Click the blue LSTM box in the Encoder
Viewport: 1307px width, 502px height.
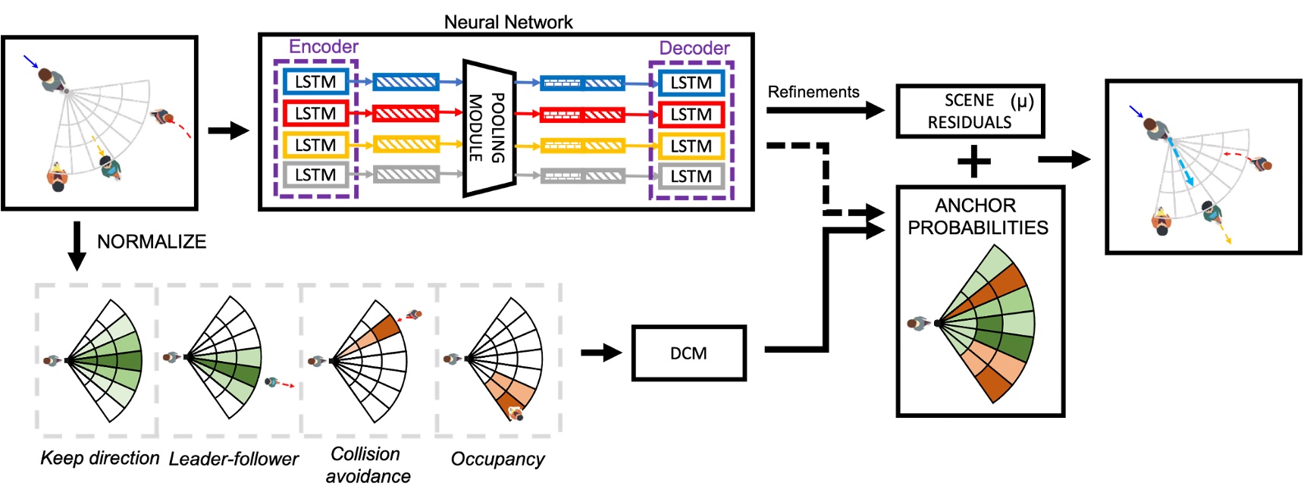pyautogui.click(x=315, y=82)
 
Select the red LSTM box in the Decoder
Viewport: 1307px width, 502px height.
pyautogui.click(x=691, y=115)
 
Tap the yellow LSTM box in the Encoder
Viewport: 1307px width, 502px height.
pyautogui.click(x=315, y=145)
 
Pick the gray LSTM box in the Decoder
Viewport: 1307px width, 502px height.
pyautogui.click(x=691, y=177)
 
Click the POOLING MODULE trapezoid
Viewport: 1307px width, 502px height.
pyautogui.click(x=487, y=127)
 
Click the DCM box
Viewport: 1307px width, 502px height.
pyautogui.click(x=688, y=353)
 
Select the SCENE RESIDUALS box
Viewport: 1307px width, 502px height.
pyautogui.click(x=970, y=111)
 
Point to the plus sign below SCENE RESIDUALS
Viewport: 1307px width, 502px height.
pyautogui.click(x=974, y=161)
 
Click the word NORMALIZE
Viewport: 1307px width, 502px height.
pyautogui.click(x=152, y=242)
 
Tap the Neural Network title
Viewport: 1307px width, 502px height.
pyautogui.click(x=508, y=22)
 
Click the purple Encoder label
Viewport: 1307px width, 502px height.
pyautogui.click(x=324, y=47)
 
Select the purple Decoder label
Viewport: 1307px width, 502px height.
pyautogui.click(x=694, y=49)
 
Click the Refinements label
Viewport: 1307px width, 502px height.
pyautogui.click(x=813, y=93)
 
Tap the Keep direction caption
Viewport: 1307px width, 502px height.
pyautogui.click(x=100, y=458)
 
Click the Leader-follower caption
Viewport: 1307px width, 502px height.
pyautogui.click(x=234, y=459)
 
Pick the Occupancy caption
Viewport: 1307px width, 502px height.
pyautogui.click(x=497, y=459)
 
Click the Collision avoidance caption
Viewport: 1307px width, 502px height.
pyautogui.click(x=368, y=465)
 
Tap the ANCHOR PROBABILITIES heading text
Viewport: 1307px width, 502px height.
pyautogui.click(x=978, y=217)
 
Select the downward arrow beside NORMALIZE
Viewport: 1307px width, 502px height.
pyautogui.click(x=77, y=246)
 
